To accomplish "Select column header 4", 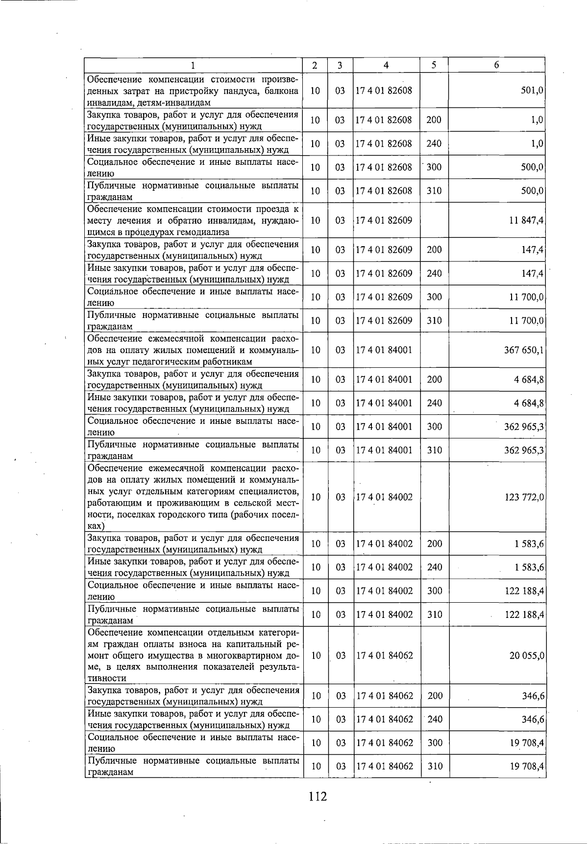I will (386, 65).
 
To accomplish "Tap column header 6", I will (496, 65).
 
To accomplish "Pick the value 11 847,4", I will (526, 220).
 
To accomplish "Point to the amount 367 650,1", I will (524, 350).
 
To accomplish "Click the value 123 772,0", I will (524, 497).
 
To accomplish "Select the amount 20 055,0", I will (526, 656).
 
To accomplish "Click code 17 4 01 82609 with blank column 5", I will (384, 220).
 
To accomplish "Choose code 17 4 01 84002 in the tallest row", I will (384, 497).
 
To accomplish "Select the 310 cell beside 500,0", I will (434, 191).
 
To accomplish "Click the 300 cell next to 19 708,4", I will (434, 743).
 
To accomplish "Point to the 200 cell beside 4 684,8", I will (434, 380).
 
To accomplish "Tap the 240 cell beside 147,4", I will (434, 274).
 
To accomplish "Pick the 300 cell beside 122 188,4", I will (434, 591).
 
